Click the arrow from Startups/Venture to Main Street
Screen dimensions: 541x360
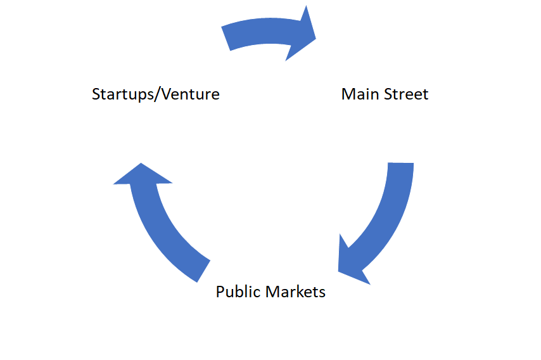click(266, 35)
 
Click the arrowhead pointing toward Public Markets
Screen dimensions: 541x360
click(352, 260)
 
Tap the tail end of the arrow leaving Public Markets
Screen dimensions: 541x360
click(201, 269)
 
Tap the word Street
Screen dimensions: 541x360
click(403, 94)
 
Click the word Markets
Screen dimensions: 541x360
click(296, 292)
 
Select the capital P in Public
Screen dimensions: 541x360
click(220, 292)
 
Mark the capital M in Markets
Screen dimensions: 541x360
click(273, 292)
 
